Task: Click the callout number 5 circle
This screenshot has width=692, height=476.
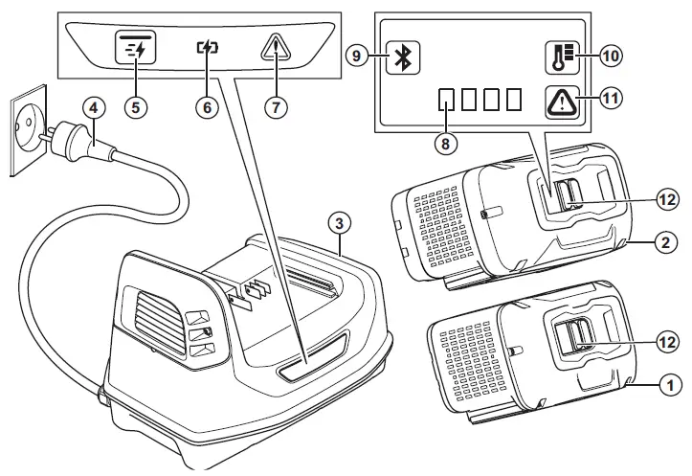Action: click(135, 107)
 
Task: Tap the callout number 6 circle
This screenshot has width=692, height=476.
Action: click(205, 107)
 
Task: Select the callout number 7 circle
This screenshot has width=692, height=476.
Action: click(275, 107)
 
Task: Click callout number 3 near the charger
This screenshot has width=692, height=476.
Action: click(337, 221)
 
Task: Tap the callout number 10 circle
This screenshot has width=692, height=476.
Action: click(612, 56)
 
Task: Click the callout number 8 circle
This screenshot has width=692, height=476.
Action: click(442, 142)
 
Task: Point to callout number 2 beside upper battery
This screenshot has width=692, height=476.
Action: click(660, 242)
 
